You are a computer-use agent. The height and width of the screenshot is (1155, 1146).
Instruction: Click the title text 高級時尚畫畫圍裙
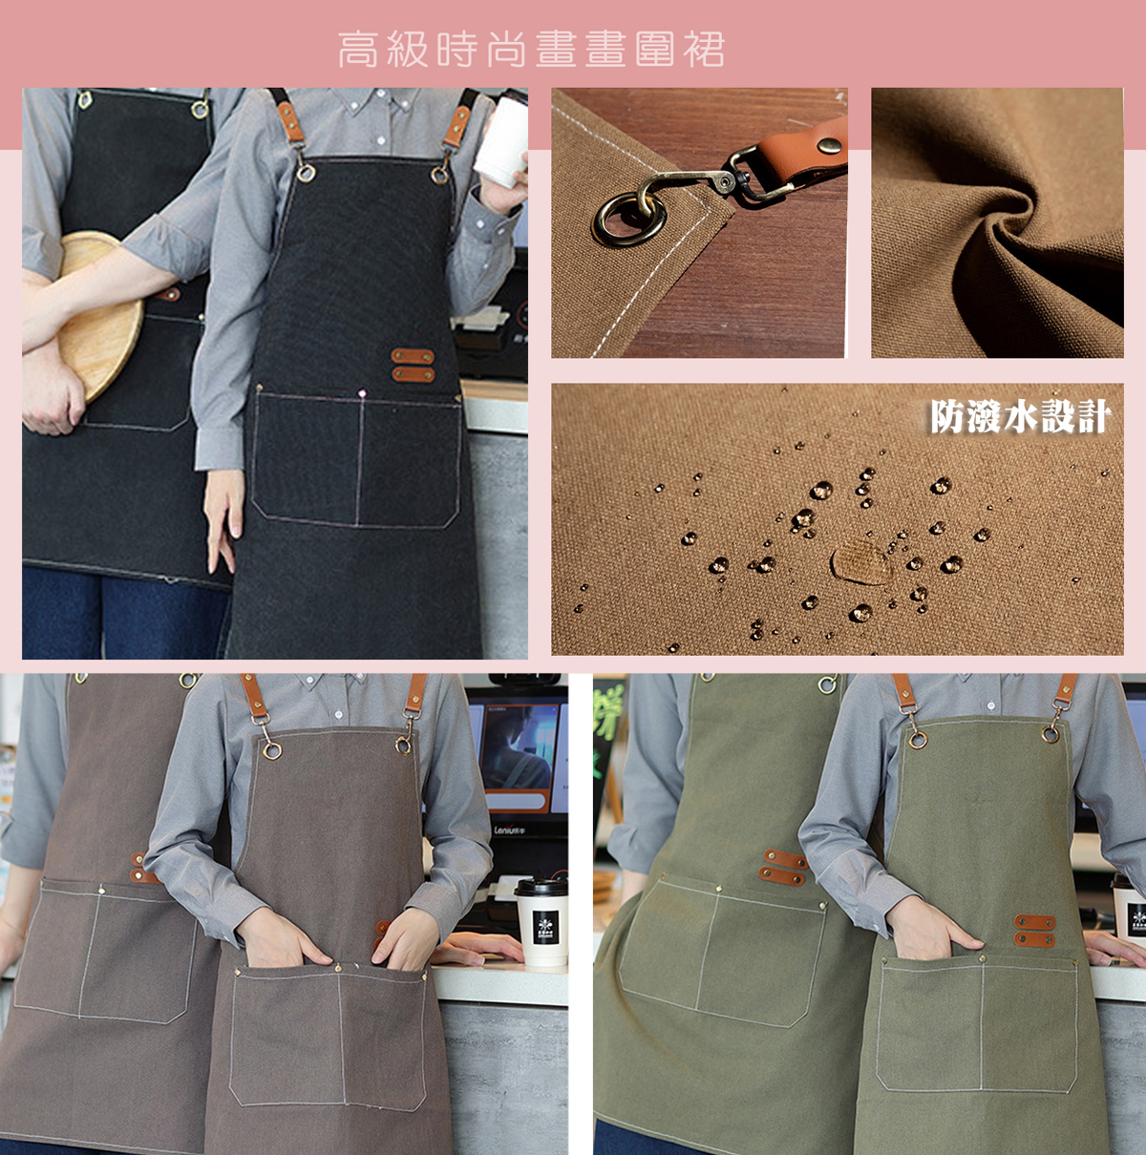tap(531, 49)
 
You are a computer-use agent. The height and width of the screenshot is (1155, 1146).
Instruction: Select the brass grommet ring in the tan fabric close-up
tap(629, 220)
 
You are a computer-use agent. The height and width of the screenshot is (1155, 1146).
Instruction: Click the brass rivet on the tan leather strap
tap(829, 144)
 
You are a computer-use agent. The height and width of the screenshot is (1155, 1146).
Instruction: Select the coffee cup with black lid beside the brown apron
tap(541, 924)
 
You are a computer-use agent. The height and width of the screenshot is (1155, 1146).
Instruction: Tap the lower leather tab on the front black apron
tap(413, 374)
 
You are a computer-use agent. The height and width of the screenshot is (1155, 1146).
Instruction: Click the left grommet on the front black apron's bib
tap(306, 173)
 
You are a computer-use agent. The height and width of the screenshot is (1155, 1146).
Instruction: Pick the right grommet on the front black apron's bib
tap(439, 175)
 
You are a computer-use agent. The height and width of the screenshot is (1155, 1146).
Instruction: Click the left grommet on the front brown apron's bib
tap(272, 750)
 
